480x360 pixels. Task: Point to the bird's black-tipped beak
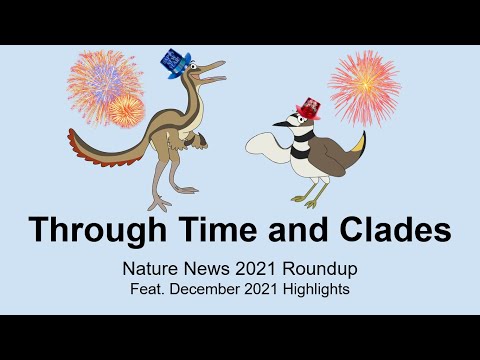point(277,126)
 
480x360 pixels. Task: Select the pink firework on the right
point(363,88)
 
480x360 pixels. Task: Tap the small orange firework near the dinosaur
point(125,109)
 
